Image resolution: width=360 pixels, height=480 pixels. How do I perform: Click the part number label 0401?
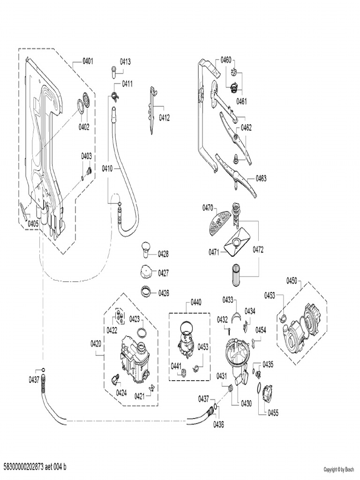coord(88,61)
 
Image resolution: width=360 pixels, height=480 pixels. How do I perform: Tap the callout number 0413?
coord(125,61)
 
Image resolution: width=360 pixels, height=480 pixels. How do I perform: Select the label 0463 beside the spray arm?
coord(261,178)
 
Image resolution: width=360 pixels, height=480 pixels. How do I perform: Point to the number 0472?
coord(258,249)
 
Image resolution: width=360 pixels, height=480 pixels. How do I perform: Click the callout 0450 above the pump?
coord(292,280)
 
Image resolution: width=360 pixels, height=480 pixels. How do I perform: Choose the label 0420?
coord(96,344)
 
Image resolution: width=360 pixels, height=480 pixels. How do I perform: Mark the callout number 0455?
coord(273,413)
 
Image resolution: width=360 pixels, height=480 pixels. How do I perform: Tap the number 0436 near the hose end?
coord(218,424)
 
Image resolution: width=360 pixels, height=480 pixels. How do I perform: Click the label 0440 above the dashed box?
coord(196,303)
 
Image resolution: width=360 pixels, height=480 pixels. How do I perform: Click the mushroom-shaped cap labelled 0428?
coord(146,248)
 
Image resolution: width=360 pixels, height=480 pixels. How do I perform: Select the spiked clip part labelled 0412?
coord(152,110)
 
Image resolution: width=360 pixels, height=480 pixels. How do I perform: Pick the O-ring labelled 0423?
coord(141,334)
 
